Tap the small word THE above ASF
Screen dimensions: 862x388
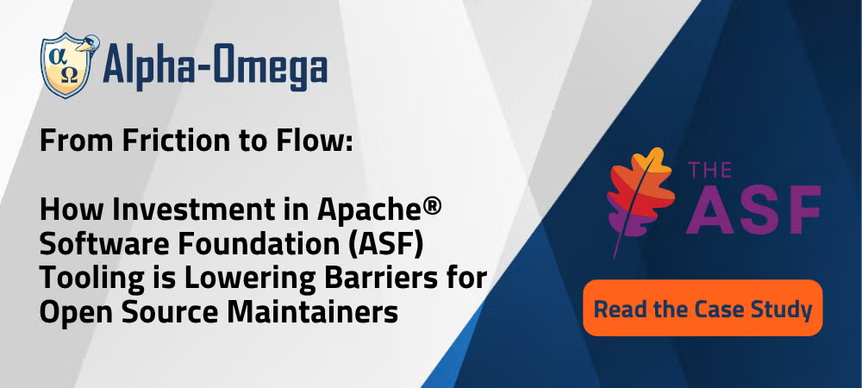click(709, 171)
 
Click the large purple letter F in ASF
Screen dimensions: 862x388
click(803, 210)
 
